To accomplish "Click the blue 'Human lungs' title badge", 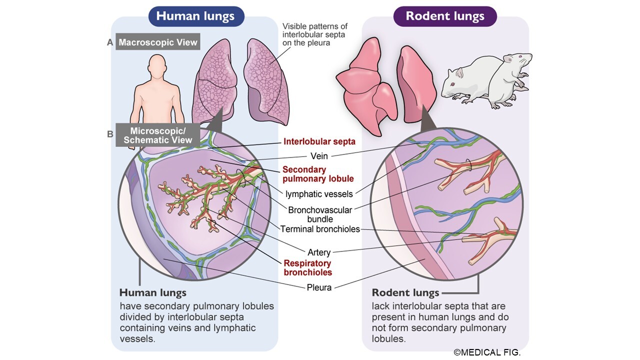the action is (x=196, y=16).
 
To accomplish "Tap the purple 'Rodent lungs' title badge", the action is (x=445, y=16).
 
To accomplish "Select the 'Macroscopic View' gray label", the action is (x=157, y=42).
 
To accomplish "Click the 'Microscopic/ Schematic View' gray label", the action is (x=157, y=135).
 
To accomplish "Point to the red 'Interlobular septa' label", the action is (x=319, y=141).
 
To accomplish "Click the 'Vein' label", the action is (x=319, y=156).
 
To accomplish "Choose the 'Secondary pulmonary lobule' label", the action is (x=318, y=174).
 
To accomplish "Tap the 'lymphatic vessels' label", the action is (x=319, y=194).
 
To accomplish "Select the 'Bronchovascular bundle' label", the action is (x=320, y=214).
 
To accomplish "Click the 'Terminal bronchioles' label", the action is (x=320, y=229).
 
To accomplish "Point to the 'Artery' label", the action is (x=319, y=252).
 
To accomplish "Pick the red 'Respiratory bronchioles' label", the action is (x=307, y=267).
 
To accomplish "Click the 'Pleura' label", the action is (x=319, y=287).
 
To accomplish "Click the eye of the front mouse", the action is (x=452, y=84).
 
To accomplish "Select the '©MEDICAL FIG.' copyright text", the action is (x=487, y=352).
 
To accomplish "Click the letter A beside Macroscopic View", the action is (x=110, y=42).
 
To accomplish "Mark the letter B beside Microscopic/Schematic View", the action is (x=110, y=134).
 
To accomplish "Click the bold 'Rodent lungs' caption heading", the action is (x=405, y=293).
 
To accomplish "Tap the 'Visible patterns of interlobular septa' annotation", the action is (x=315, y=34).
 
